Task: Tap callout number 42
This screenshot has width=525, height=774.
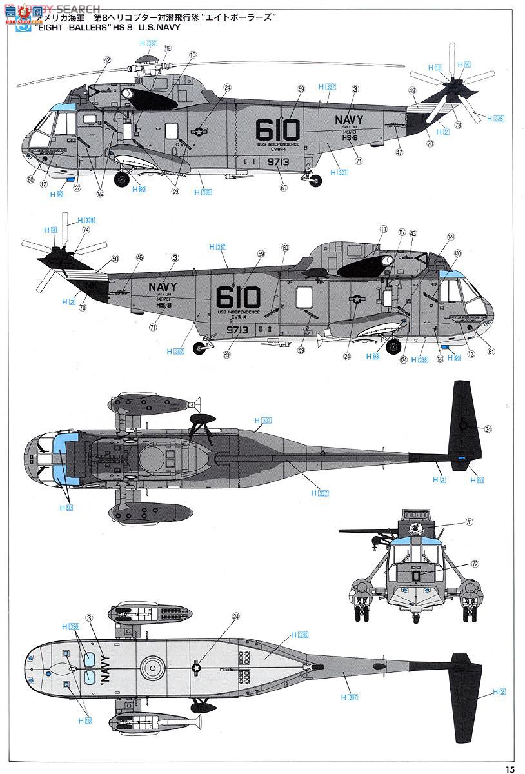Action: coord(107,60)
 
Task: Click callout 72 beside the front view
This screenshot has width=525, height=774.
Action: coord(475,563)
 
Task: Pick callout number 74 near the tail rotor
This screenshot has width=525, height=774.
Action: coord(86,230)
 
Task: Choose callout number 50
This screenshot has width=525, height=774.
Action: coord(115,259)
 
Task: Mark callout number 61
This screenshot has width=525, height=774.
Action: coord(491,351)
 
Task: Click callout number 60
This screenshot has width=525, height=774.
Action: coord(30,180)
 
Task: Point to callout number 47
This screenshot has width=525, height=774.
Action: coord(399,152)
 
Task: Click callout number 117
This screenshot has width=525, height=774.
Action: coord(401,232)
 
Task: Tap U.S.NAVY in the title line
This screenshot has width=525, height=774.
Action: coord(159,28)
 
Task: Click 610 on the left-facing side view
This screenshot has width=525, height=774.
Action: coord(278,130)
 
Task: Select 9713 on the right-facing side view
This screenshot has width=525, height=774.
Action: coord(238,328)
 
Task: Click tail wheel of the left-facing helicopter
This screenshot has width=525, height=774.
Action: coord(315,181)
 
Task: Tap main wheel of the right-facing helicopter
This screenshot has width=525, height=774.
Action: coord(393,346)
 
